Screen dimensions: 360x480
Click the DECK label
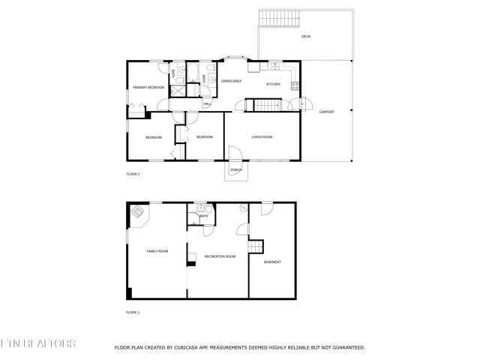click(306, 37)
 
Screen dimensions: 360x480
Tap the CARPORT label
click(327, 112)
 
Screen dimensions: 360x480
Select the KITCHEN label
click(273, 84)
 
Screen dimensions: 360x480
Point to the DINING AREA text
click(230, 80)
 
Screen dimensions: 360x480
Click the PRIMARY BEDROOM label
click(148, 88)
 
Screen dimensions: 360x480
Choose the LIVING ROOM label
click(262, 136)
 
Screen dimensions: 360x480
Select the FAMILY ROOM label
click(157, 250)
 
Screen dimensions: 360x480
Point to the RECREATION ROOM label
click(220, 256)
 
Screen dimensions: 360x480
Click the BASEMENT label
click(272, 262)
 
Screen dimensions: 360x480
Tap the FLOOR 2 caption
click(133, 174)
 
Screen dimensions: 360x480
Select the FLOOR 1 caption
click(133, 312)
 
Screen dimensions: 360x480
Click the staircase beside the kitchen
click(263, 105)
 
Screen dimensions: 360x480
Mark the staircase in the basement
click(256, 248)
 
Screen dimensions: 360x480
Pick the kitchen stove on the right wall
click(297, 82)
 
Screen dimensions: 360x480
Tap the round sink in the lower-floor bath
click(200, 208)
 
